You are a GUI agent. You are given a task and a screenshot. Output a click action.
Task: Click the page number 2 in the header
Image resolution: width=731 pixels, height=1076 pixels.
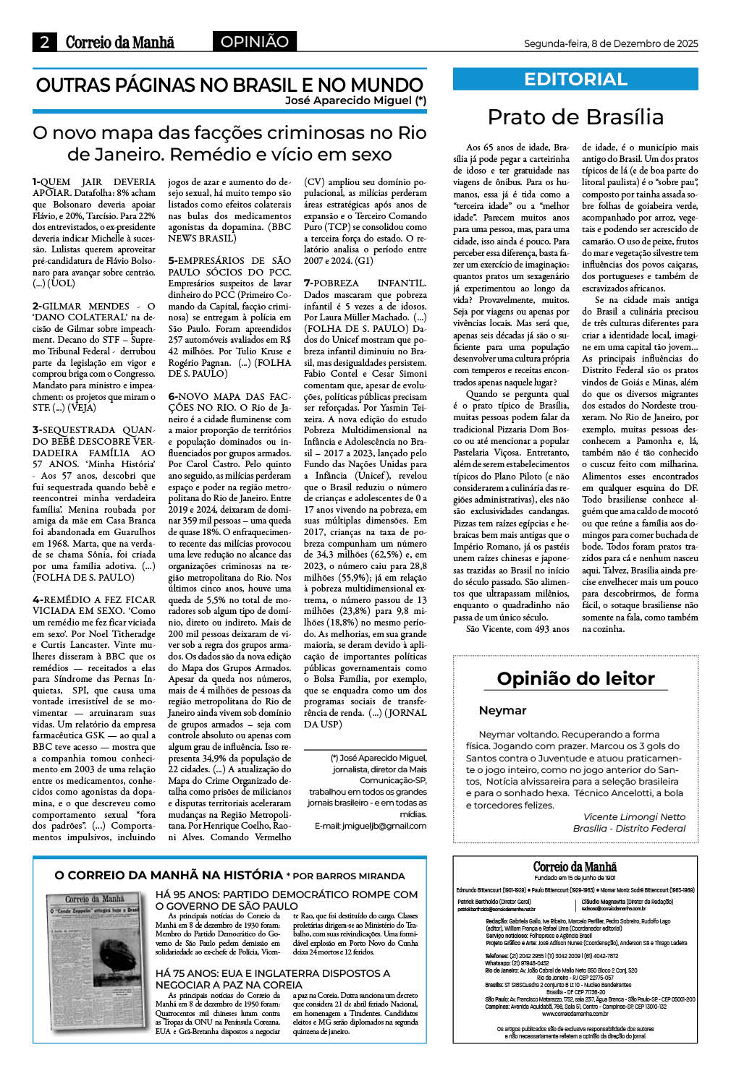click(44, 42)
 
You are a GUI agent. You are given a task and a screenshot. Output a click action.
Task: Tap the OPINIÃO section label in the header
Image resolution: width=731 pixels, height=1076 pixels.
click(254, 42)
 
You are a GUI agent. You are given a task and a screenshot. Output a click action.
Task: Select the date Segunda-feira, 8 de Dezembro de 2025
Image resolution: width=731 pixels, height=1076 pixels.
click(610, 43)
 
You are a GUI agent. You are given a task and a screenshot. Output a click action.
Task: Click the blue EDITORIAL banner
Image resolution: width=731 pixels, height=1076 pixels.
click(575, 79)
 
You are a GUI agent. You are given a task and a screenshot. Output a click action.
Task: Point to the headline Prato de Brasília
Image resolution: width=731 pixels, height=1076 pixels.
click(575, 117)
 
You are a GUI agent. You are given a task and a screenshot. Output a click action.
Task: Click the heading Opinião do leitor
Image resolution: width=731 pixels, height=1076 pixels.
click(575, 678)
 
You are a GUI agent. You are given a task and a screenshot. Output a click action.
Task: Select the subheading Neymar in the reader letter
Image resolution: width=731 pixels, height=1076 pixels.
click(502, 710)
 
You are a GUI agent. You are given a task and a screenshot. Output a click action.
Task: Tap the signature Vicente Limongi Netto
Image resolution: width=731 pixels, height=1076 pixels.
click(634, 816)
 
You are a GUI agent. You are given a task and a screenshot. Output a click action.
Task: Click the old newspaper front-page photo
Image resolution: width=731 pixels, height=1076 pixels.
click(92, 962)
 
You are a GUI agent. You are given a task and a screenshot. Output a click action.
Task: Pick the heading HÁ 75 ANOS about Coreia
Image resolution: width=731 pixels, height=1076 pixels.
click(272, 979)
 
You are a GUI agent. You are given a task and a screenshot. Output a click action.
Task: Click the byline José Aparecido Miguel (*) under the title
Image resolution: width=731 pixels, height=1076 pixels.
click(355, 101)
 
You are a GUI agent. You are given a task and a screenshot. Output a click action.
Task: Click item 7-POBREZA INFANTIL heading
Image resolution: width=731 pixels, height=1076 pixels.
click(365, 283)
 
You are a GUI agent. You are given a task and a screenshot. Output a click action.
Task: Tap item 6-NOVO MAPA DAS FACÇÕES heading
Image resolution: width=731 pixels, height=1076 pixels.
click(229, 402)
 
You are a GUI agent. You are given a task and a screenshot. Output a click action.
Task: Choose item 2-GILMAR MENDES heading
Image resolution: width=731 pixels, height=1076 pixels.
click(94, 312)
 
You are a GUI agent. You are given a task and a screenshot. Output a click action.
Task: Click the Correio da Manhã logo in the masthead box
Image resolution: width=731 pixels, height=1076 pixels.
click(575, 867)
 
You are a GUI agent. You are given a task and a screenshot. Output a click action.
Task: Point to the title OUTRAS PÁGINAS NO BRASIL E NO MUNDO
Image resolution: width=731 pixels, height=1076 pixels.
click(229, 85)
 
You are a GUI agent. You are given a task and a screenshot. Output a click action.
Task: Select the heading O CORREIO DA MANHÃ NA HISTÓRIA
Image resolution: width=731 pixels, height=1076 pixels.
click(169, 876)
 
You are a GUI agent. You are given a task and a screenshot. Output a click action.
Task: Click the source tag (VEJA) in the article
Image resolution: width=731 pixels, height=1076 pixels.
click(81, 408)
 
